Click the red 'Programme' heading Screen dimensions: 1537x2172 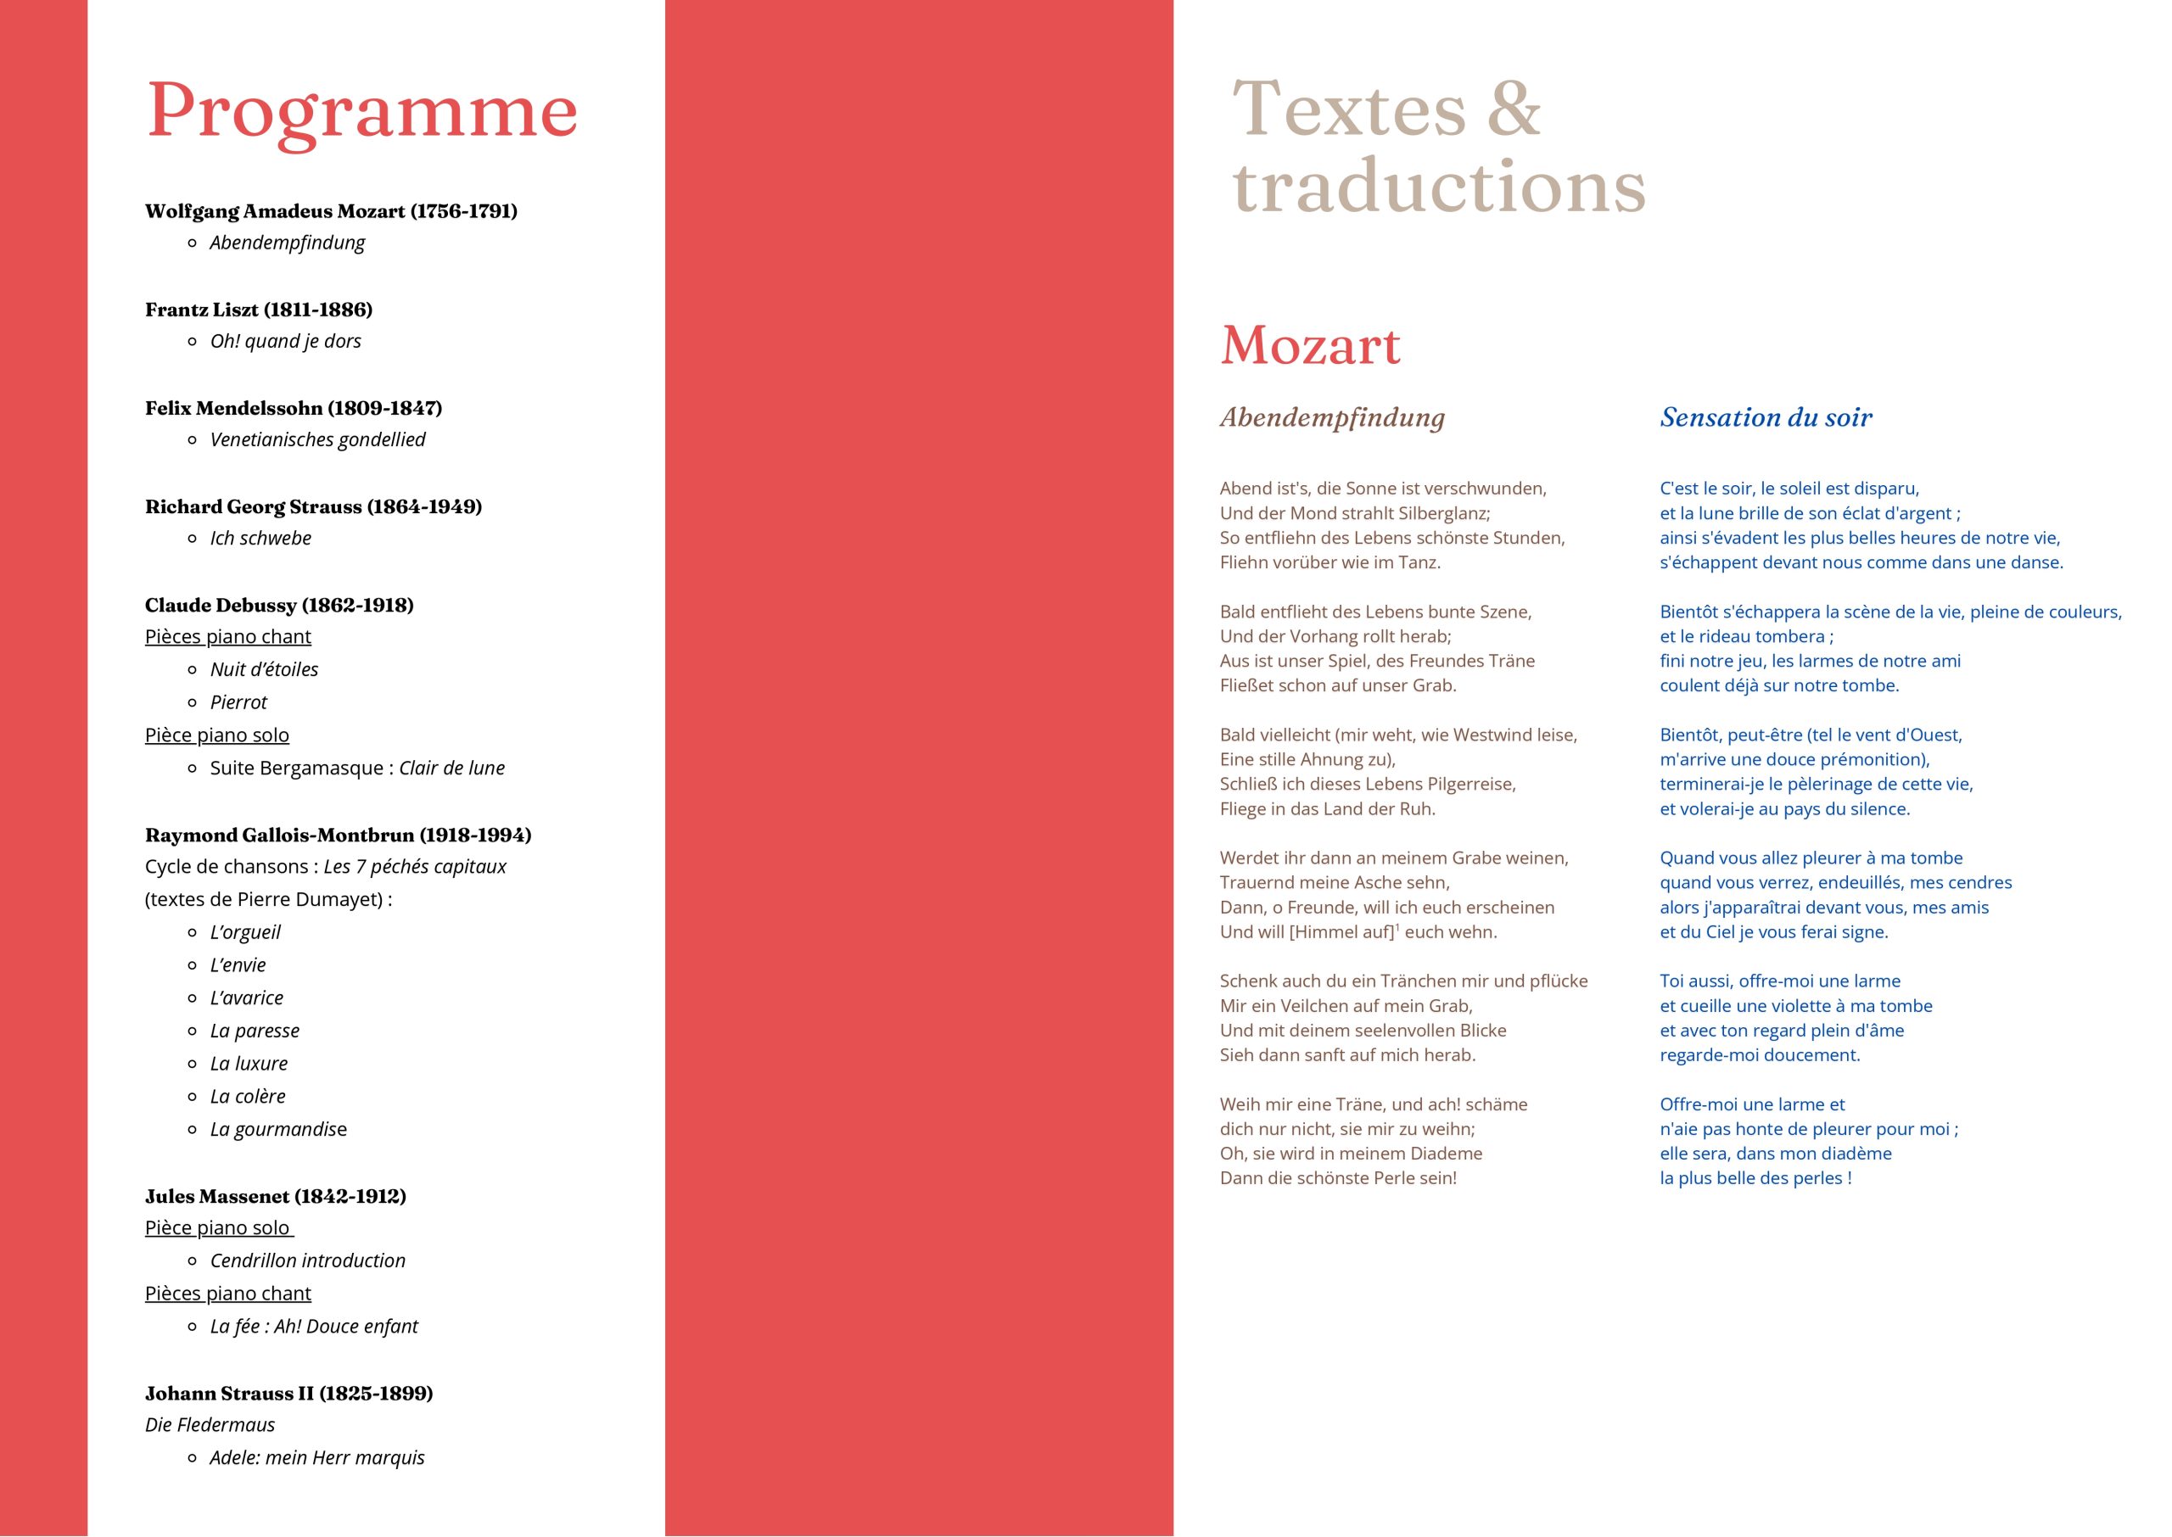click(361, 112)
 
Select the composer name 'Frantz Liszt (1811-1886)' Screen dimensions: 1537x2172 click(259, 310)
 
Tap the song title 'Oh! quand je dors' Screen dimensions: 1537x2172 click(285, 341)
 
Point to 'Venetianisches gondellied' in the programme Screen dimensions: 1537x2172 click(317, 439)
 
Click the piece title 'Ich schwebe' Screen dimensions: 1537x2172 click(260, 538)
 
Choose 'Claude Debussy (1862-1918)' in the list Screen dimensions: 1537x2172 click(279, 605)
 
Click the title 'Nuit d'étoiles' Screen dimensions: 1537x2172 click(264, 669)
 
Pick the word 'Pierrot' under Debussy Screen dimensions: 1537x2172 click(238, 702)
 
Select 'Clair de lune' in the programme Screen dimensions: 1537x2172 click(451, 768)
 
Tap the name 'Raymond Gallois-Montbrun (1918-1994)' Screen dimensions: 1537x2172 click(338, 835)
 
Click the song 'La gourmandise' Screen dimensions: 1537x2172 click(278, 1129)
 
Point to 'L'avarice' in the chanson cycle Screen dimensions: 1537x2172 click(246, 998)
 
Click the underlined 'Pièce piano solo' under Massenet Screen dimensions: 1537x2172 click(218, 1227)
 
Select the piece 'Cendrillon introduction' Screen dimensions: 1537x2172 click(308, 1260)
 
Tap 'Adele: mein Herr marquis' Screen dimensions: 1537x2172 click(317, 1457)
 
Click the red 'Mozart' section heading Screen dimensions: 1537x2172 click(1310, 345)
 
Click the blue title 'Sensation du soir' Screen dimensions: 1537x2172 click(1766, 417)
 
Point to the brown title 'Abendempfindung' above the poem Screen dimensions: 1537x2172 click(1331, 417)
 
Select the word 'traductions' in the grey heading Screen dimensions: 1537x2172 click(1439, 187)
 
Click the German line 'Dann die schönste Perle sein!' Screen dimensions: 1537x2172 click(1337, 1178)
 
